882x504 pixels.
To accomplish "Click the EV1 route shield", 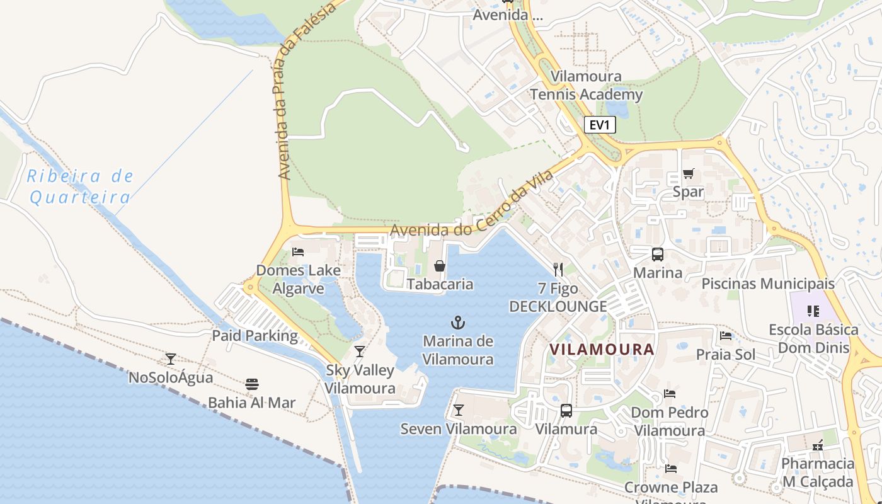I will coord(599,125).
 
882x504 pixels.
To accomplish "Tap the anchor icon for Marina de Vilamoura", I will coord(458,323).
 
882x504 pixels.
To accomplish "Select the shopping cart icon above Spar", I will coord(688,173).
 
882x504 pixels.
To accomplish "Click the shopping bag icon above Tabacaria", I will coord(440,266).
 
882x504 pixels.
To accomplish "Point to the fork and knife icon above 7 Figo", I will coord(558,270).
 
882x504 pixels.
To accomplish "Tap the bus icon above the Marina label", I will coord(658,255).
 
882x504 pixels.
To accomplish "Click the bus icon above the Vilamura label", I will coord(566,411).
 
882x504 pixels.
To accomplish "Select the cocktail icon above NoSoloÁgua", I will coord(171,359).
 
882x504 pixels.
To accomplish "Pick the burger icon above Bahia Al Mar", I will coord(252,384).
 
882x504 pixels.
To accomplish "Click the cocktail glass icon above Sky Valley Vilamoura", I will coord(360,352).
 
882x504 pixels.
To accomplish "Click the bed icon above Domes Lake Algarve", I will coord(298,252).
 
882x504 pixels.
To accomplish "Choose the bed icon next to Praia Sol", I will coord(726,336).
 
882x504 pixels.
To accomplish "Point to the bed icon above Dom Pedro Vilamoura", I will coord(670,394).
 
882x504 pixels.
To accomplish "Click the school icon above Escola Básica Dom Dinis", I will coord(813,311).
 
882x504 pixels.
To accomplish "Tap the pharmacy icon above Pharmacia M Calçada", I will coord(818,445).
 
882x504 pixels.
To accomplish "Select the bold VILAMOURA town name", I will coord(602,349).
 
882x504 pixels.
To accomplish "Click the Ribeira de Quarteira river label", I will coord(80,186).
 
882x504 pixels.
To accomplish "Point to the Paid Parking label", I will coord(255,335).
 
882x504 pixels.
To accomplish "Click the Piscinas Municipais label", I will coord(768,284).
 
